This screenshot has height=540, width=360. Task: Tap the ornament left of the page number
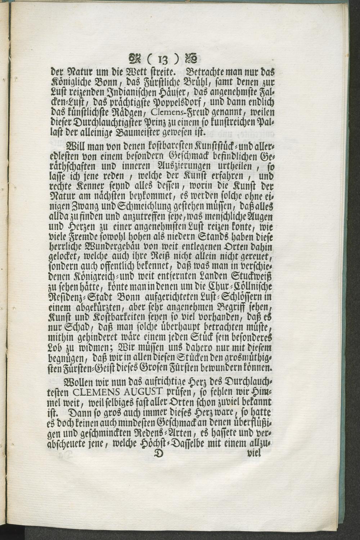click(136, 58)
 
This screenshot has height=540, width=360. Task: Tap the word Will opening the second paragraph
click(75, 148)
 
